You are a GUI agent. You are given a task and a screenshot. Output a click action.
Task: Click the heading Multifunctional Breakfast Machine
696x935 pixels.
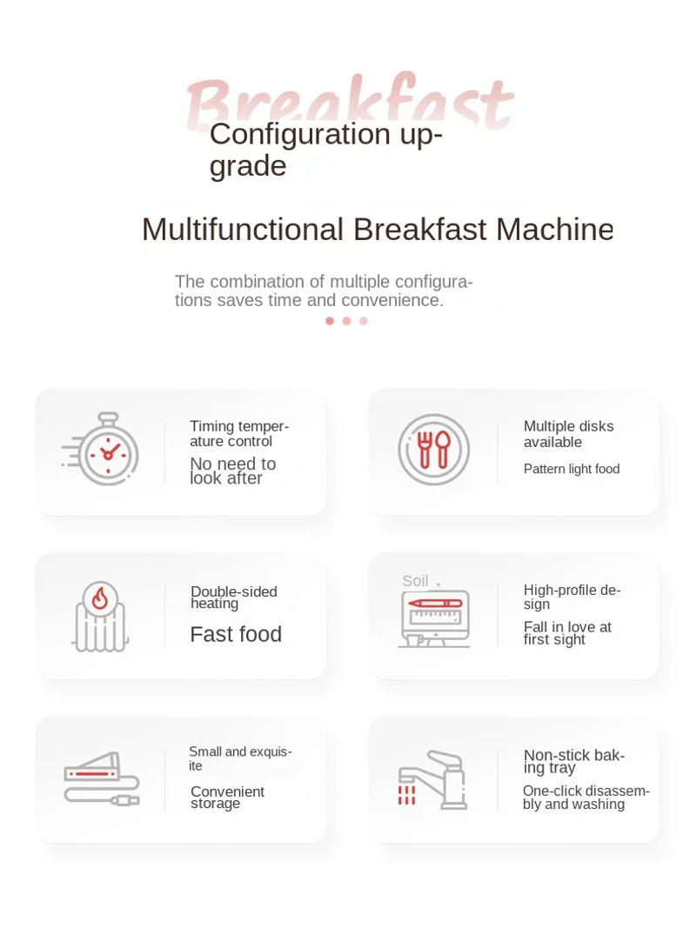(x=378, y=230)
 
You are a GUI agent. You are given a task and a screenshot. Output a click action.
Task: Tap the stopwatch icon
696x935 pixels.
(x=102, y=449)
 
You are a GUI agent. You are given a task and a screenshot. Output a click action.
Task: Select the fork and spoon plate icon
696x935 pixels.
(x=433, y=450)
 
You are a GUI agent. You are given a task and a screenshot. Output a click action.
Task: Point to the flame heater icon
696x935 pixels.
(x=100, y=616)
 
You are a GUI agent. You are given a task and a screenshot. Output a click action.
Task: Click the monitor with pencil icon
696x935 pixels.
(x=434, y=617)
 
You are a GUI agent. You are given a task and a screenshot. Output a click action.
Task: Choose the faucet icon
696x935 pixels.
(x=434, y=780)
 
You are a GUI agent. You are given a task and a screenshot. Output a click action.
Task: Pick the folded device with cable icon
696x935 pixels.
(x=101, y=778)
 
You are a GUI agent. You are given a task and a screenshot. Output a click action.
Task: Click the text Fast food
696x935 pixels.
(x=236, y=635)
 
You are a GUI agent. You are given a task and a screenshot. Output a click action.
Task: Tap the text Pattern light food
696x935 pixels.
(x=572, y=470)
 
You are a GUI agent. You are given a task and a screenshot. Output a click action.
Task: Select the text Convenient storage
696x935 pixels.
(x=227, y=798)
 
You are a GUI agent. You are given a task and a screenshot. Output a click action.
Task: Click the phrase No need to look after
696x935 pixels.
(x=232, y=471)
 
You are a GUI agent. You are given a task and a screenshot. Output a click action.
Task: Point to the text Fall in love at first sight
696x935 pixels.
(x=567, y=633)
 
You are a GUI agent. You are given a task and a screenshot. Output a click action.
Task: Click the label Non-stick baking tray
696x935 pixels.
(x=574, y=762)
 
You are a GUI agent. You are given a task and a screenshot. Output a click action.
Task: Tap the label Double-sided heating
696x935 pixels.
(x=233, y=598)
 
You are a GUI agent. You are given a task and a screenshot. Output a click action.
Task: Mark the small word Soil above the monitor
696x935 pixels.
(x=415, y=581)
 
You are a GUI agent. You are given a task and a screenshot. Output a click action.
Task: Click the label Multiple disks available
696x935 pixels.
(x=568, y=434)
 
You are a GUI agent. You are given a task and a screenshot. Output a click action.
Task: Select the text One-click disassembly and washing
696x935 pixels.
(x=586, y=798)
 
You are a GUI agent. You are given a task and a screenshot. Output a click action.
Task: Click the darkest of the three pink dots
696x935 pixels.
(x=330, y=321)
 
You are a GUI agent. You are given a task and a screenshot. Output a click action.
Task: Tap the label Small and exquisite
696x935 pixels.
(x=240, y=758)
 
